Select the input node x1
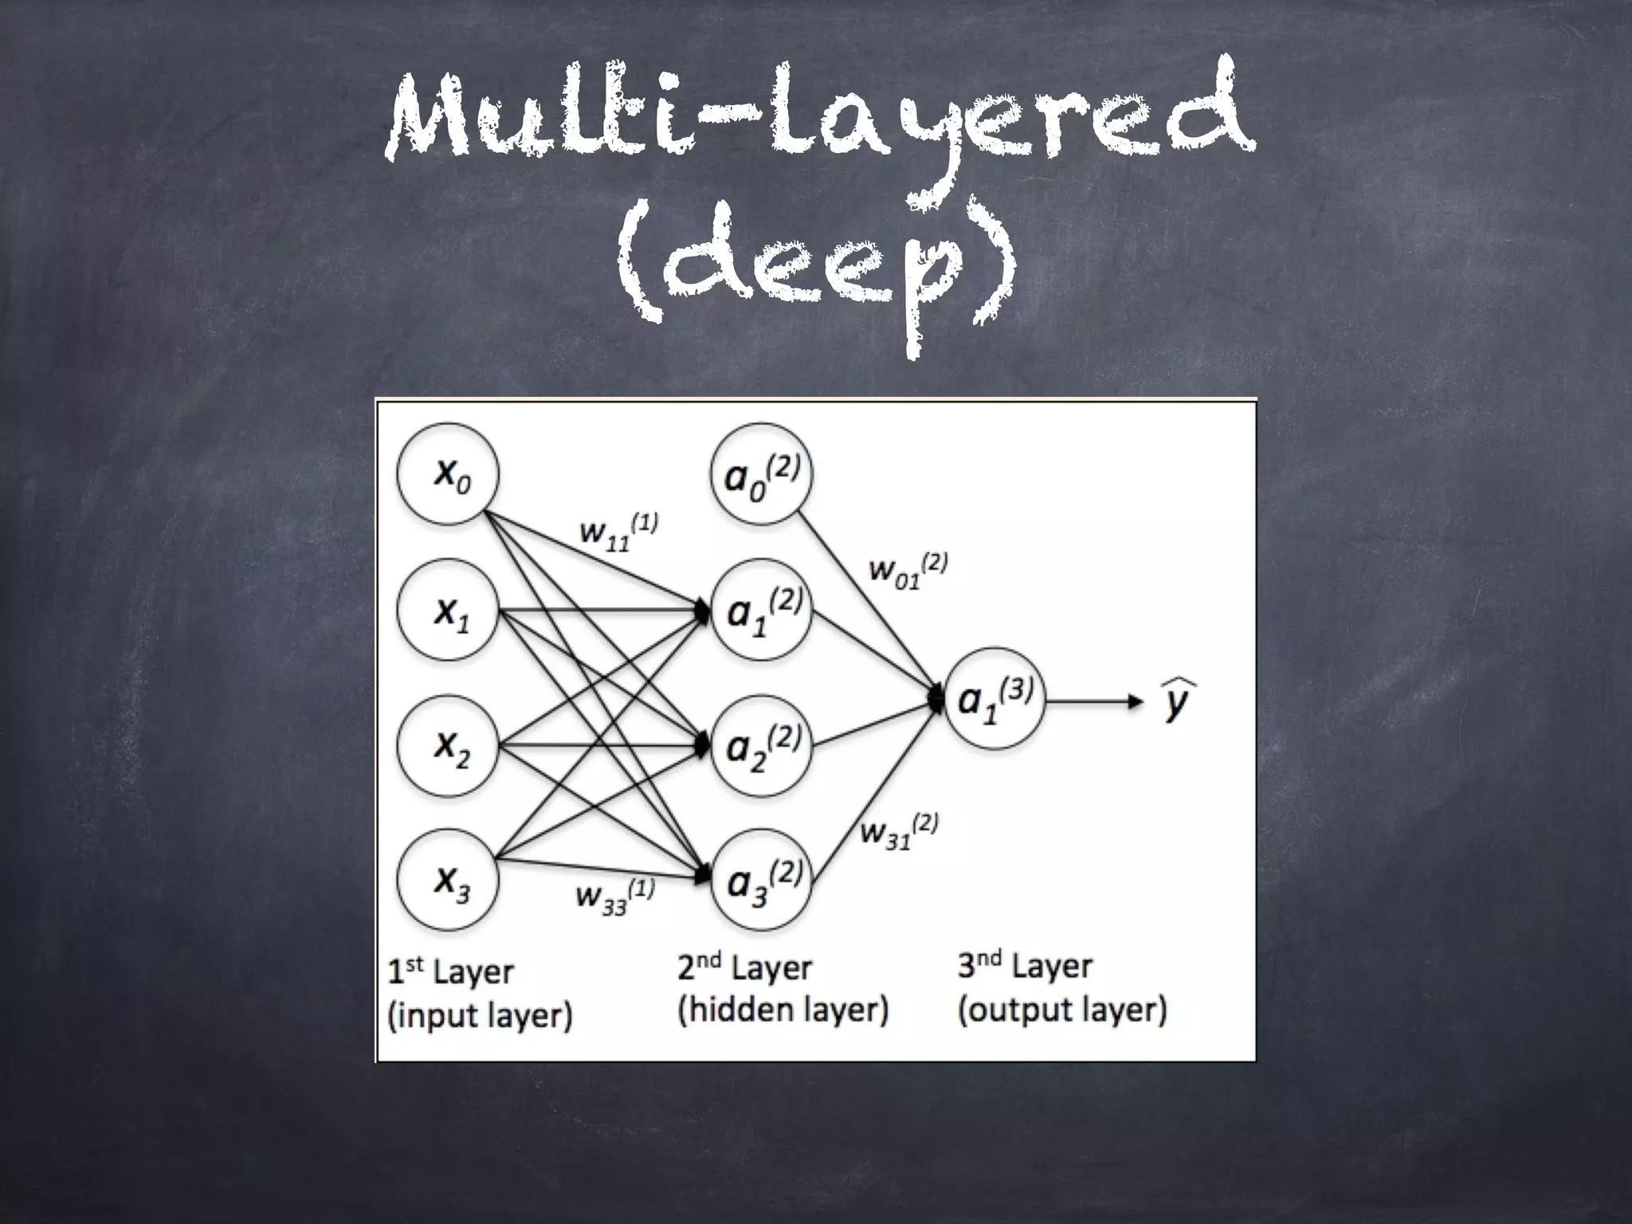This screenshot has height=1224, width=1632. [448, 610]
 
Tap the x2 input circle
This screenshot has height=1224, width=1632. [448, 745]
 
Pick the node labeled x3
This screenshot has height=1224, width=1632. [448, 881]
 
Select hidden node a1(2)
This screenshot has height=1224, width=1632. [761, 610]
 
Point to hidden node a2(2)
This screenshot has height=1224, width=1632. [761, 745]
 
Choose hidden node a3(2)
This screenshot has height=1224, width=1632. [761, 881]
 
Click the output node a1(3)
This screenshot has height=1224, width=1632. [994, 700]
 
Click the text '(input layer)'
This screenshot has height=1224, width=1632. [480, 1015]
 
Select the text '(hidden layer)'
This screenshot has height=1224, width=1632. [783, 1010]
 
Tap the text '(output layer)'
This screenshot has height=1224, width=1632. [1062, 1010]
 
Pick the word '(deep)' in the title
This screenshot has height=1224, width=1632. [818, 267]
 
